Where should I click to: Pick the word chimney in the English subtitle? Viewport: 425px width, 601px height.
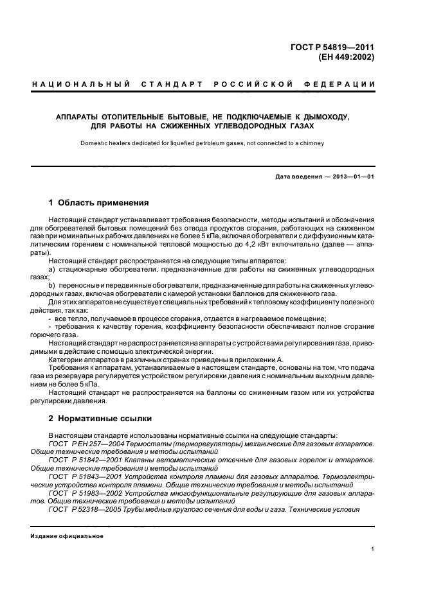tap(312, 143)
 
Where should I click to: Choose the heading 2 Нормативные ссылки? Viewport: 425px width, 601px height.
tap(100, 418)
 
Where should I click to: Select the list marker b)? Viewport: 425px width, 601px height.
tap(52, 285)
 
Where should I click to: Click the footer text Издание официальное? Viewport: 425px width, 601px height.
tap(67, 536)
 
